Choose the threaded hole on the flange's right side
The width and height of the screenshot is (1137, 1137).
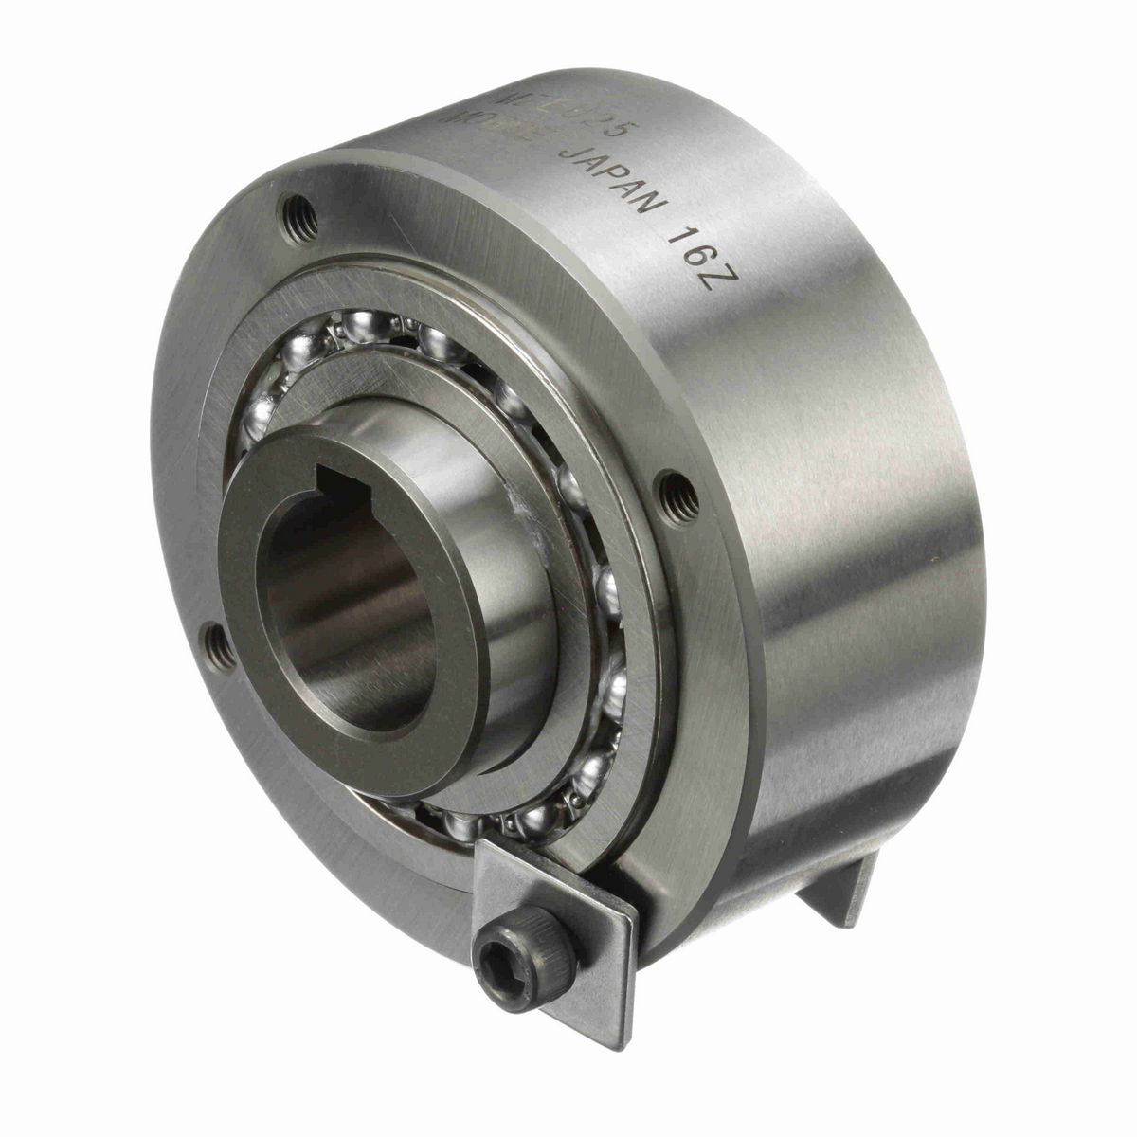tap(680, 489)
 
